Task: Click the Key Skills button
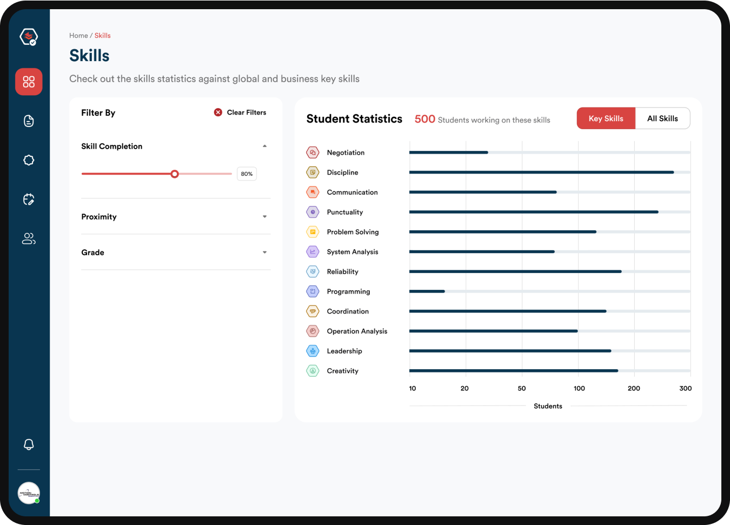606,118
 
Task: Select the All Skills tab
662,118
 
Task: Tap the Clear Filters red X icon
218,112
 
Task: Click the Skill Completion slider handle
175,174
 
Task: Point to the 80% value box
247,174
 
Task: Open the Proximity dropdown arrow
264,217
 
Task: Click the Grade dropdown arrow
264,252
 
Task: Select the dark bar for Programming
427,291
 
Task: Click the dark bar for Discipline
541,172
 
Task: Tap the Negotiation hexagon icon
313,152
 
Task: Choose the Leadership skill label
344,351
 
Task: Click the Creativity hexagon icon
313,371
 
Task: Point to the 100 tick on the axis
579,388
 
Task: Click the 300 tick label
685,388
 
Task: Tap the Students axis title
548,406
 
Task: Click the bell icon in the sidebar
29,444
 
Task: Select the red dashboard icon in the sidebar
29,82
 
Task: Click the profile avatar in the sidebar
29,493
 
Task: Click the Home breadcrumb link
78,36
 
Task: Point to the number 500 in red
424,119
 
